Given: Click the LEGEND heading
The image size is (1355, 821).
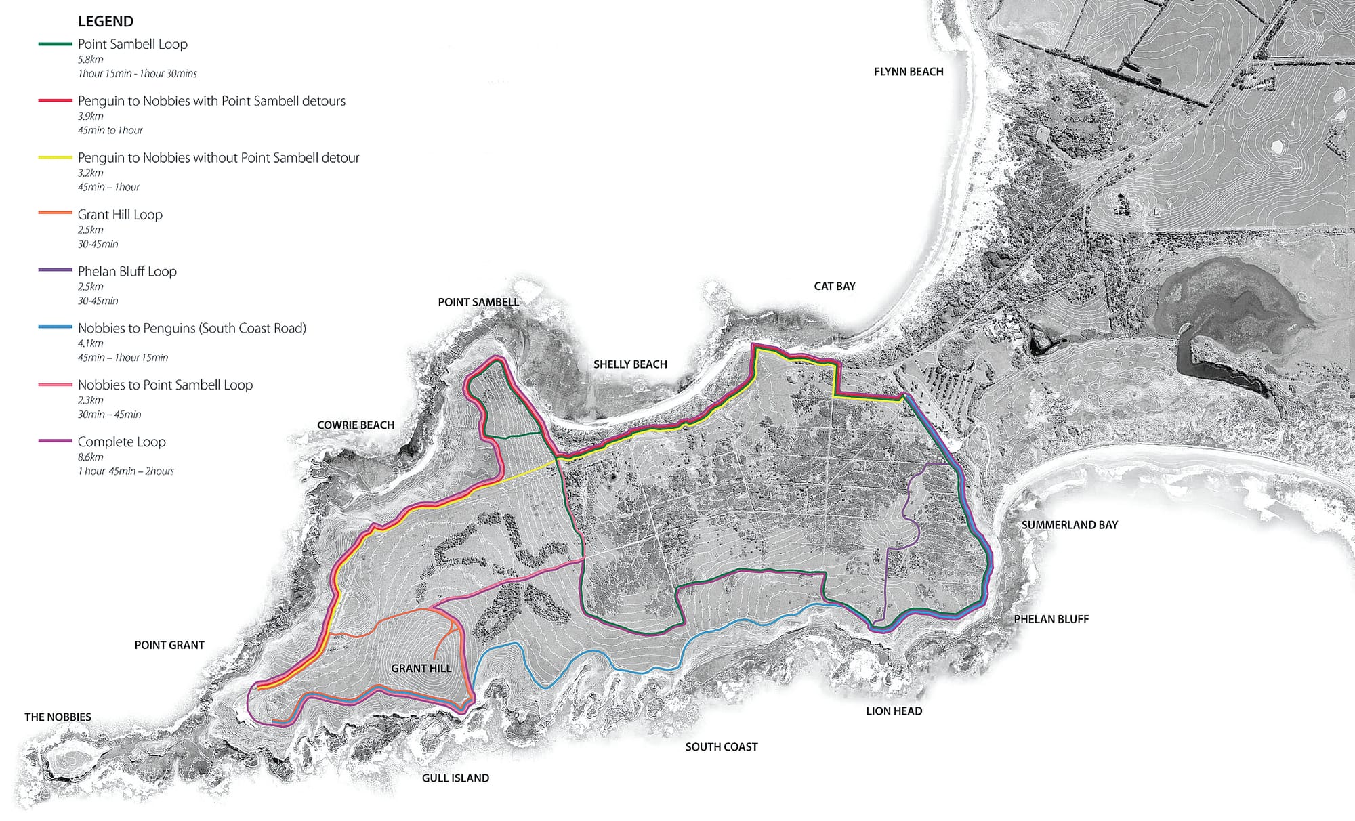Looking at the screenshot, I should tap(106, 21).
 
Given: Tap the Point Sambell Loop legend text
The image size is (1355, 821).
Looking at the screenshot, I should tap(132, 44).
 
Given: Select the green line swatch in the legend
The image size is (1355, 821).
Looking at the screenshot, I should tap(55, 44).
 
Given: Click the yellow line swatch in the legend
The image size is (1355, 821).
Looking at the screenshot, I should tap(55, 157).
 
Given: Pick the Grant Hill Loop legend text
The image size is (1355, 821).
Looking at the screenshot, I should tap(120, 215).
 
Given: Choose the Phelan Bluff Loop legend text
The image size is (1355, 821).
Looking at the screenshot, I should tap(127, 272).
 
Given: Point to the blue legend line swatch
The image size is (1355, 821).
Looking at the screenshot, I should tap(55, 327).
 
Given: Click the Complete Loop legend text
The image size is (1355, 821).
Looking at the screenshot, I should tap(121, 442).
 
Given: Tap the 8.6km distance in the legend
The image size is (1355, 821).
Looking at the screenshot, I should tap(91, 457).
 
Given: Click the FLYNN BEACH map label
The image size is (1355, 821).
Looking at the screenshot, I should tap(909, 72).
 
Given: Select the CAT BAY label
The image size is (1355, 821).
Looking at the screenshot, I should tap(834, 287).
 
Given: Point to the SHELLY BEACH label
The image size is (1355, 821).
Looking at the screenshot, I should tap(630, 364).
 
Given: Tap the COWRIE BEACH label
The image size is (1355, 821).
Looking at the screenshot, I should tap(355, 425).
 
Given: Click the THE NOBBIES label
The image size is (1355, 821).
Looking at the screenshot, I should tap(58, 717).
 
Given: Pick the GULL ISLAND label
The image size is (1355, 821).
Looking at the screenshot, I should tap(455, 778).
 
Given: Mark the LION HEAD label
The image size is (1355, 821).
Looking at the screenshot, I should tap(894, 711).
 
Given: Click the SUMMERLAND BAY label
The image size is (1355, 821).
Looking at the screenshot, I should tap(1069, 525).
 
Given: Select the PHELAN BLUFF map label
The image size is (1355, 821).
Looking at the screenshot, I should tap(1051, 619).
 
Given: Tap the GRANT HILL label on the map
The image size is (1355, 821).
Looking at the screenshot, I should tap(421, 669).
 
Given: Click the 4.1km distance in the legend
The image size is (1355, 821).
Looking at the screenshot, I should tap(90, 343).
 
